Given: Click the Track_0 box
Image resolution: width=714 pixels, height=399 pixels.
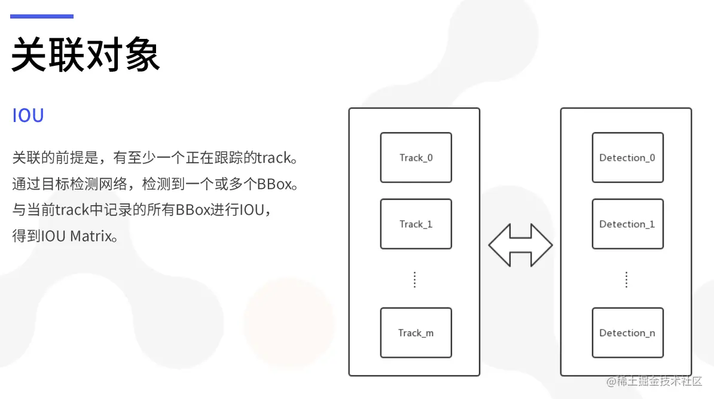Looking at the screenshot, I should pos(416,158).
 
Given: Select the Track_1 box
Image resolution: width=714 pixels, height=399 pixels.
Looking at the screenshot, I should pos(416,224).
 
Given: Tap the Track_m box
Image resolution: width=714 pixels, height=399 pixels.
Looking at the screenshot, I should pos(416,333).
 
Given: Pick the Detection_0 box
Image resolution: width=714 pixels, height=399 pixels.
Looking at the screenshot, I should pos(627,158).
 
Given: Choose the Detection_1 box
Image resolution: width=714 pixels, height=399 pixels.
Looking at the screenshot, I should pos(627,224).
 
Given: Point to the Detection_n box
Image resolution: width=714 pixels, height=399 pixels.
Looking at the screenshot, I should pos(627,333).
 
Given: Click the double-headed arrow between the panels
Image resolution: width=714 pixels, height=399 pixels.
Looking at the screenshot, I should pos(520,245).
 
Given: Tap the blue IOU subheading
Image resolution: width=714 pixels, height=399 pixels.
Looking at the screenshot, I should pos(28,115).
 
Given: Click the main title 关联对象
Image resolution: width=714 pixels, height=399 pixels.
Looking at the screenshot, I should pos(86,55).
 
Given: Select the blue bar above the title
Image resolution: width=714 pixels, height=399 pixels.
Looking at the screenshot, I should pos(42,17).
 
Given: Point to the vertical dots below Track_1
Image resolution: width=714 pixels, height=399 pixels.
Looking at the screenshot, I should pos(415,279).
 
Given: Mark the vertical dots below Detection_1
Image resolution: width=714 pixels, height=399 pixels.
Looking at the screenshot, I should pos(627,279).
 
